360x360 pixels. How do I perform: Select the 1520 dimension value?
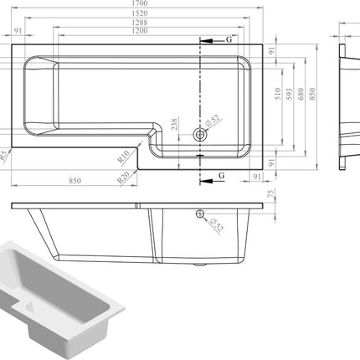click(148, 15)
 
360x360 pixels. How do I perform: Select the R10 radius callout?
click(121, 157)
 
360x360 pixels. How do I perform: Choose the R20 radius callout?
click(124, 177)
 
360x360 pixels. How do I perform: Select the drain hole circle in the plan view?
click(200, 134)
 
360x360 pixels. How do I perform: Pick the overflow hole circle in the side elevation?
click(200, 214)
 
